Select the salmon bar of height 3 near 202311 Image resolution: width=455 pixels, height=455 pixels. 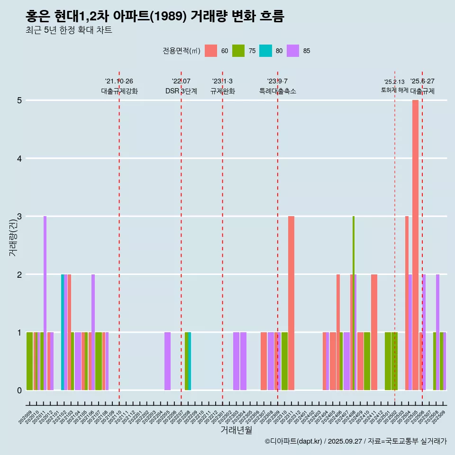[x=291, y=303]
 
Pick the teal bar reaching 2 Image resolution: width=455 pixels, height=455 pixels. [x=63, y=332]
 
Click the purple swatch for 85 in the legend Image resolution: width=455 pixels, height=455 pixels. [x=293, y=51]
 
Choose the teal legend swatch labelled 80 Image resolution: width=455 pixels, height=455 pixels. [x=266, y=51]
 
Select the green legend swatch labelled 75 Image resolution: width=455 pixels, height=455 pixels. [x=238, y=51]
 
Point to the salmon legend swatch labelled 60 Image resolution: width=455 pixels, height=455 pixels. [x=211, y=51]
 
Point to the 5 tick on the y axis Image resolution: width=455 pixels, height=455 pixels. [x=20, y=100]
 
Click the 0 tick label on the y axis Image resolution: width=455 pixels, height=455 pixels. [x=20, y=391]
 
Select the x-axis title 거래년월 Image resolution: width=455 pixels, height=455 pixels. [x=236, y=430]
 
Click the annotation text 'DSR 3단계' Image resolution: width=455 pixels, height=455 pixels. [x=181, y=91]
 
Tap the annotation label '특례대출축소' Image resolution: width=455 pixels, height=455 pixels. [x=278, y=91]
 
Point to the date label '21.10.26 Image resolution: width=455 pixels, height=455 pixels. [x=119, y=82]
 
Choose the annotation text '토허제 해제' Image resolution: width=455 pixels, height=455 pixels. [x=394, y=90]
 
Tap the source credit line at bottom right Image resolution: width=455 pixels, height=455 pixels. [x=355, y=441]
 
